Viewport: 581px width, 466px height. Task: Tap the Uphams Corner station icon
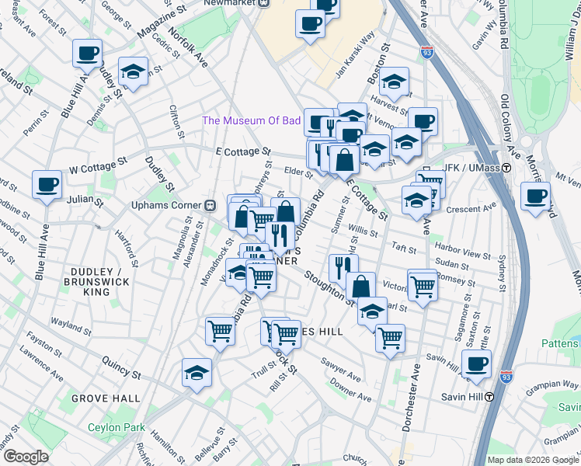[x=210, y=205]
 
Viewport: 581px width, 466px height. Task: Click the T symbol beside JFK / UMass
[x=506, y=168]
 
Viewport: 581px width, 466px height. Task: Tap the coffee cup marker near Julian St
[x=47, y=185]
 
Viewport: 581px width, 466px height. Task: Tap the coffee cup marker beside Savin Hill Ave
[x=476, y=363]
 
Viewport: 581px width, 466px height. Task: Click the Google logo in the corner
[x=25, y=456]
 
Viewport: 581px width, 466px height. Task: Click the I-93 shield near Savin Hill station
[x=506, y=375]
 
